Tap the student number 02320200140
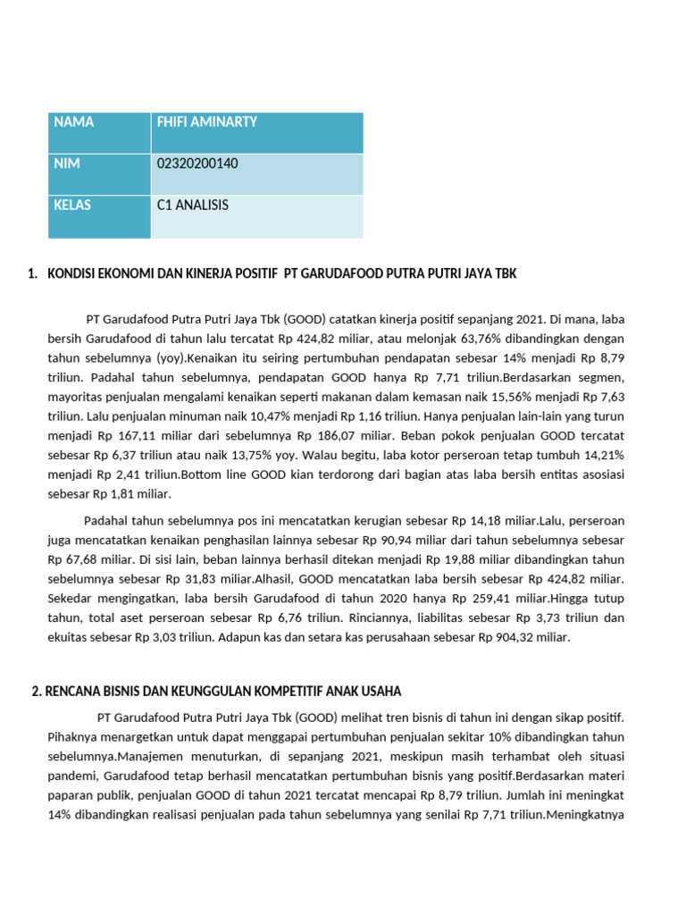point(197,164)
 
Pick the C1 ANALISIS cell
point(193,205)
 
